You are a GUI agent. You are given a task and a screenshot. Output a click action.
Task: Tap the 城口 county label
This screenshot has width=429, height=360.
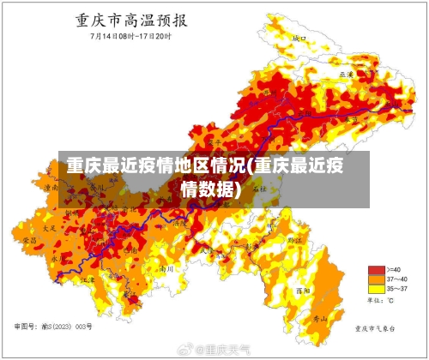299,39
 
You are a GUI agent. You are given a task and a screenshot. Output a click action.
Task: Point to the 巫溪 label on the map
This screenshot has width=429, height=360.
347,75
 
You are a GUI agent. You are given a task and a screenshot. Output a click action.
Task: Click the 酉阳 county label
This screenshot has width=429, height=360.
324,291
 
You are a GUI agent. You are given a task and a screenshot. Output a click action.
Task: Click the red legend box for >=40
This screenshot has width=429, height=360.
375,269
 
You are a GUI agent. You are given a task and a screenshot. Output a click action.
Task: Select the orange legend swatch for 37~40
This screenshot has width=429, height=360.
375,279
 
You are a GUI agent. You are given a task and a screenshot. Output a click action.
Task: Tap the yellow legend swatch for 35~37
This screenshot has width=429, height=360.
375,289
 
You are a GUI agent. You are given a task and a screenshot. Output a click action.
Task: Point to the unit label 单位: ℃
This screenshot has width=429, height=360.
380,301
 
